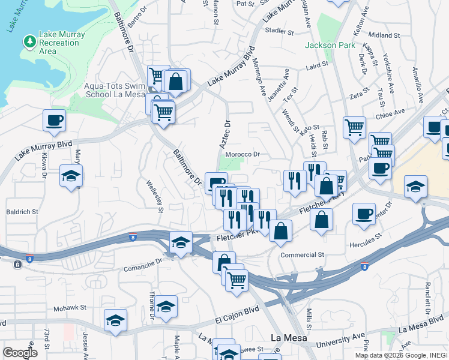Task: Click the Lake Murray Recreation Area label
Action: pos(62,43)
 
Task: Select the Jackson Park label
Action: pos(330,45)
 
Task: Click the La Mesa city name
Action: pos(288,338)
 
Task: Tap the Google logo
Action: pos(20,353)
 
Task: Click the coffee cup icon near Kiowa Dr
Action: pos(54,120)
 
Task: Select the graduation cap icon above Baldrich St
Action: pos(71,176)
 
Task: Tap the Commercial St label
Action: pos(302,254)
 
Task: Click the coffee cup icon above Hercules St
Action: pos(364,214)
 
